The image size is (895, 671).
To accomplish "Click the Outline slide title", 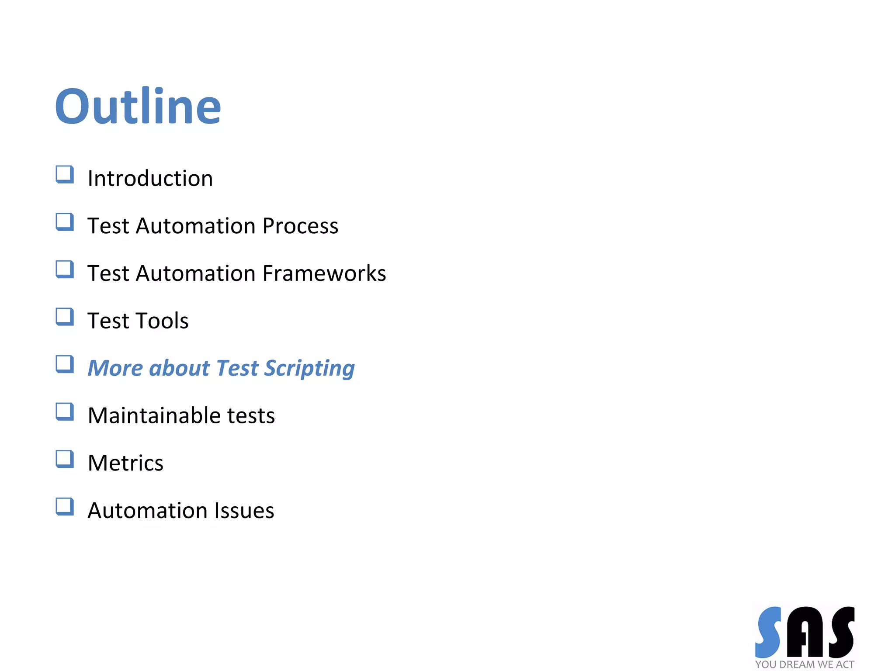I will click(138, 106).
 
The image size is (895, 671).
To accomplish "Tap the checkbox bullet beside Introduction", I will click(65, 174).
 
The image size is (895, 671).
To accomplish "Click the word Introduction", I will click(150, 179).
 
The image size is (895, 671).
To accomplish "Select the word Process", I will click(300, 226).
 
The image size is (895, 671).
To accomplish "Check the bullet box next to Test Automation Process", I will click(65, 222).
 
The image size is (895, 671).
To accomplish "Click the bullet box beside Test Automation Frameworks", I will click(65, 270).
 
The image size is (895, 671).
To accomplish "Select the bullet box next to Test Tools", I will click(65, 317).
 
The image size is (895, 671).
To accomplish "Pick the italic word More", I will click(115, 368).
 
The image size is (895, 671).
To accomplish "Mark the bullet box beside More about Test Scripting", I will click(65, 364).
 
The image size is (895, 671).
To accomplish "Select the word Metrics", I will click(125, 463).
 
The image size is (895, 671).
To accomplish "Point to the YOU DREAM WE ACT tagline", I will click(805, 664).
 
